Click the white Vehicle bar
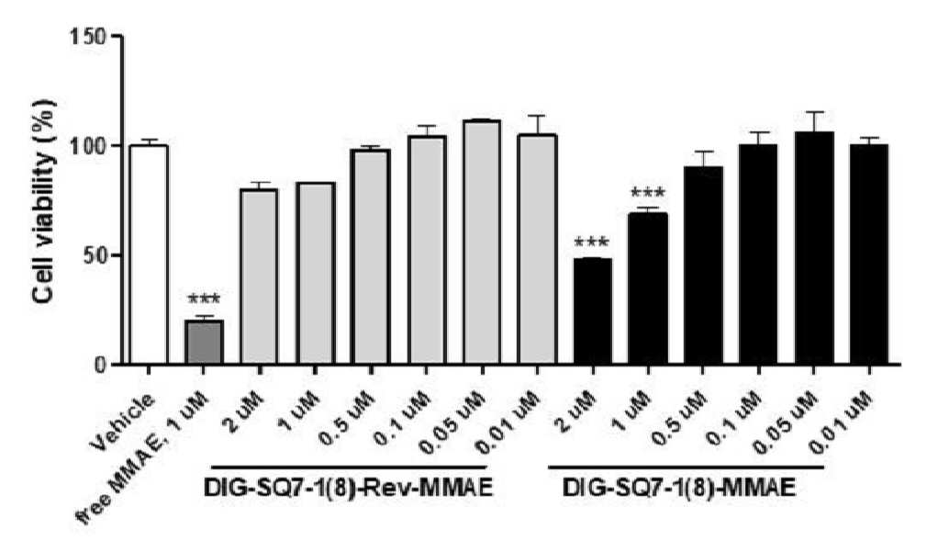pyautogui.click(x=149, y=254)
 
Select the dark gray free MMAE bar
pyautogui.click(x=204, y=342)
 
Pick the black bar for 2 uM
pyautogui.click(x=593, y=311)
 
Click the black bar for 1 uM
pyautogui.click(x=649, y=288)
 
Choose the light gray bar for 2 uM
pyautogui.click(x=259, y=276)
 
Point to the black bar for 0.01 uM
pyautogui.click(x=869, y=253)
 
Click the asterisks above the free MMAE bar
pyautogui.click(x=204, y=299)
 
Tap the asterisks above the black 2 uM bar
pyautogui.click(x=591, y=243)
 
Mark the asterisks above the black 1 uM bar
pyautogui.click(x=647, y=193)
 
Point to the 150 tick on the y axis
pyautogui.click(x=117, y=37)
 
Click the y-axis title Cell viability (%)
pyautogui.click(x=44, y=201)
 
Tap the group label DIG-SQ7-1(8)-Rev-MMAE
pyautogui.click(x=348, y=489)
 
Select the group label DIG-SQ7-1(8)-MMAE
pyautogui.click(x=679, y=489)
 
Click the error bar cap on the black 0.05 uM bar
pyautogui.click(x=813, y=112)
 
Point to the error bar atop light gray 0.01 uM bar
pyautogui.click(x=537, y=125)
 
